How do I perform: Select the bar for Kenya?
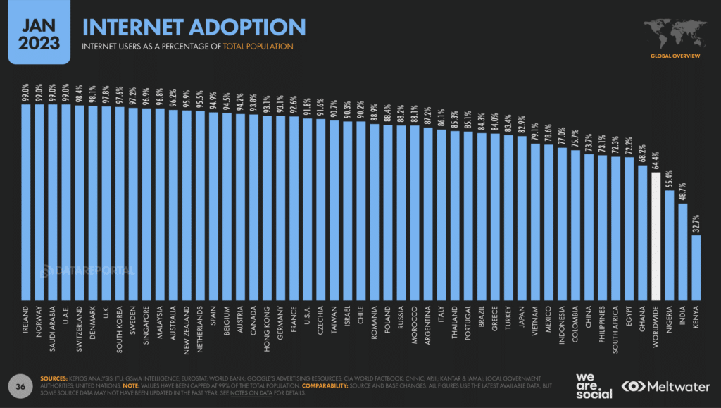coord(696,268)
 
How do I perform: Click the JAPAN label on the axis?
coord(522,321)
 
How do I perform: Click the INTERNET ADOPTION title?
coord(194,27)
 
